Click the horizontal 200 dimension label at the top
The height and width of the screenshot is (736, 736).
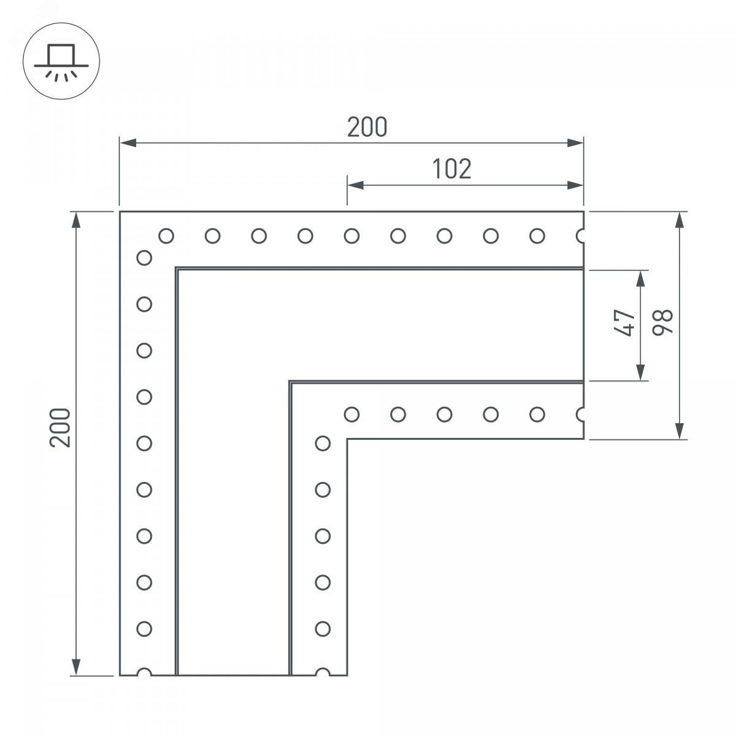click(x=367, y=127)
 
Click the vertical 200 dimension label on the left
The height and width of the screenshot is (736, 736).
click(x=60, y=427)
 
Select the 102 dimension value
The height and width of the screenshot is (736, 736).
click(x=451, y=169)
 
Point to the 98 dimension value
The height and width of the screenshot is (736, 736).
click(x=662, y=323)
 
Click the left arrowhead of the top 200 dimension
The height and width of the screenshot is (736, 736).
click(x=128, y=143)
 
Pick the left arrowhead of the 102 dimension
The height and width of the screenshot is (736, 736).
click(x=356, y=186)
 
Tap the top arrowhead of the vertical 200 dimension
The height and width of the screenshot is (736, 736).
click(x=77, y=220)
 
